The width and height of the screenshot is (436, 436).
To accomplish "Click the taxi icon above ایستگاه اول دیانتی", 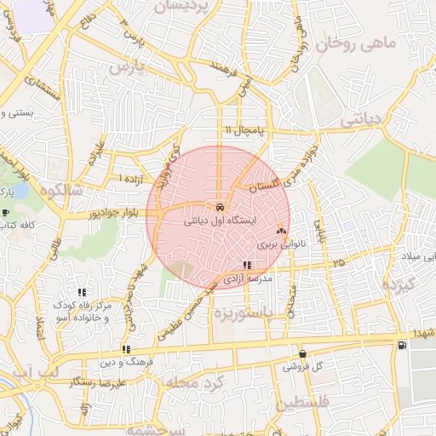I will click(220, 207).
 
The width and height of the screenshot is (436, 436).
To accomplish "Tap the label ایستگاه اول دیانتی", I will click(221, 221).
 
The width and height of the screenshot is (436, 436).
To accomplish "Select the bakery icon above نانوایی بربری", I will click(282, 231).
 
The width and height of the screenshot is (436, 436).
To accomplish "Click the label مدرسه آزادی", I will click(248, 278).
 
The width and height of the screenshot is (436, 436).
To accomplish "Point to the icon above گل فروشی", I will click(302, 353).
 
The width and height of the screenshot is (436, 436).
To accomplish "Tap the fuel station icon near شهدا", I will click(401, 345).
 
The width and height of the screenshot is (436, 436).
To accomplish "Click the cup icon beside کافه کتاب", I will click(7, 213).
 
